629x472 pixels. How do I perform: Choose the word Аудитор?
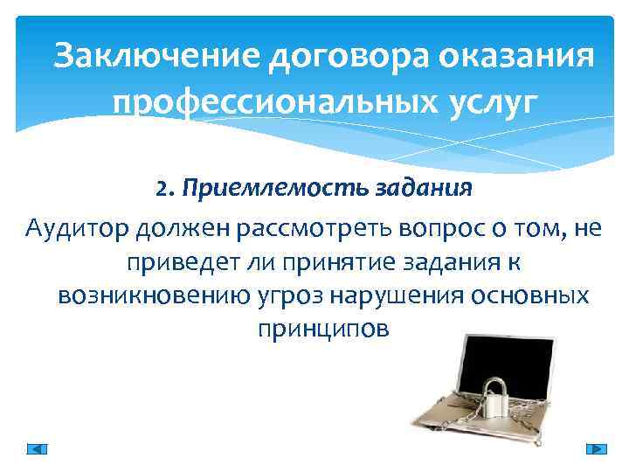75,230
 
